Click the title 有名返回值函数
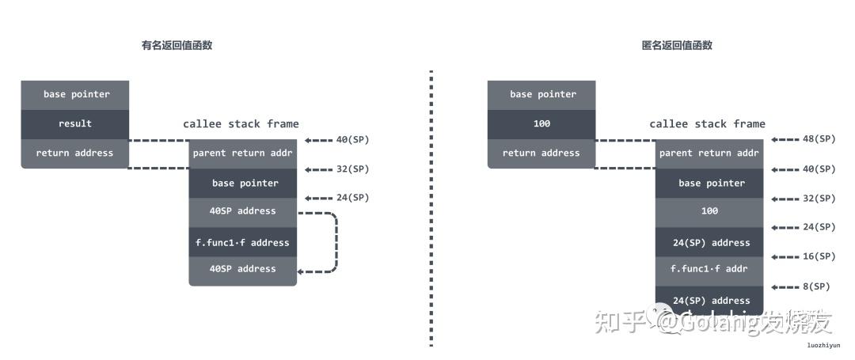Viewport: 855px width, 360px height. pos(177,45)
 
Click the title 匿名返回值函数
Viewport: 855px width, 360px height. pos(677,45)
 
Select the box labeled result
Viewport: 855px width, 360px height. pos(75,123)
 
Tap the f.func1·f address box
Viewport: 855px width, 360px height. pos(242,242)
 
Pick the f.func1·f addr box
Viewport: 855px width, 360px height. pos(709,268)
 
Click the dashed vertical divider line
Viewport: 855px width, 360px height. pos(431,206)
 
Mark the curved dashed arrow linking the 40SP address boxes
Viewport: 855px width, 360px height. pos(336,241)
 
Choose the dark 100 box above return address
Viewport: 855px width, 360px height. pos(541,123)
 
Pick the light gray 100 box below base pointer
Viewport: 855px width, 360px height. pos(709,211)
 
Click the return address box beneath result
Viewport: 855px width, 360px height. pos(75,153)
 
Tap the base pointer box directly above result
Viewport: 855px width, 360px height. pos(75,94)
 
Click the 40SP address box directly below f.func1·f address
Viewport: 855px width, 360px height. pos(242,269)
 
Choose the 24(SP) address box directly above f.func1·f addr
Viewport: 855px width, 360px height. pos(709,242)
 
